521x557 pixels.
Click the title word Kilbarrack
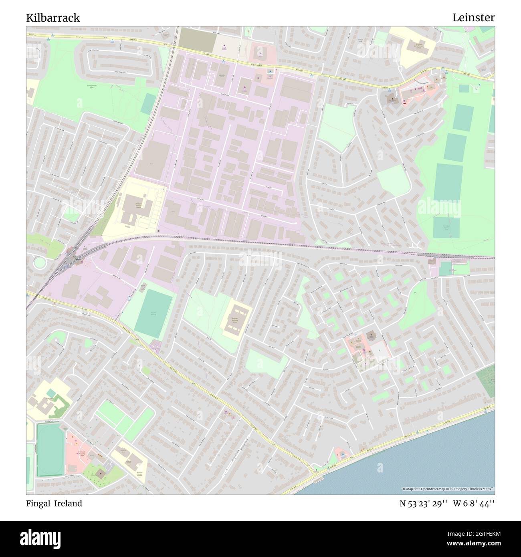click(53, 18)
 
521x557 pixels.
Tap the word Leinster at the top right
click(473, 18)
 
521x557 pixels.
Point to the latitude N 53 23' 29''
click(423, 503)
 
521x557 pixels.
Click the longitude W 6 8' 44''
click(474, 503)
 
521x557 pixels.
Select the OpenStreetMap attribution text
click(448, 489)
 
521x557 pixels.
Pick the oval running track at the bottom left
click(50, 449)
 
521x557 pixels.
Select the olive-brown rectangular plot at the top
click(194, 38)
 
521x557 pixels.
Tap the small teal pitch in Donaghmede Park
click(148, 103)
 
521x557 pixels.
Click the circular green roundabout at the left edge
click(40, 263)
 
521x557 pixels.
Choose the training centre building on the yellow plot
click(136, 208)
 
